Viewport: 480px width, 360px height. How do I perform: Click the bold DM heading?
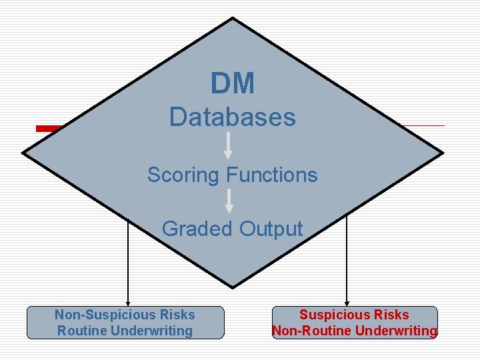(x=233, y=84)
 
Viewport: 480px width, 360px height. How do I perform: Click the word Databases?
(x=232, y=117)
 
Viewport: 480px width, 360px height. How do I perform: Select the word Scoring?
(x=184, y=175)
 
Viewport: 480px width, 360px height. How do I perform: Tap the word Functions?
(x=272, y=175)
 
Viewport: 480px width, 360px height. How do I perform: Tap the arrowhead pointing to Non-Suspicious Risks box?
(x=127, y=302)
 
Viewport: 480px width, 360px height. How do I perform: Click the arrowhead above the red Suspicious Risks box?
(x=347, y=302)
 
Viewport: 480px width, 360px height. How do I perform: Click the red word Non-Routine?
(x=306, y=331)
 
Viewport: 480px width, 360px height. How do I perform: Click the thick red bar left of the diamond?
(x=51, y=129)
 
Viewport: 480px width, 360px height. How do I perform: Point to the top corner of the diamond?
(x=233, y=19)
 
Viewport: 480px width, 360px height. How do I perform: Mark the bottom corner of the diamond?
(x=233, y=287)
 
